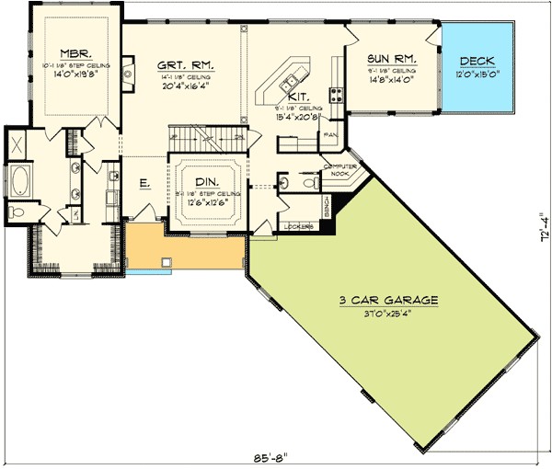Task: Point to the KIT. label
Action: pos(298,96)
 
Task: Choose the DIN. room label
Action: pos(206,182)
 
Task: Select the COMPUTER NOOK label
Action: pos(339,169)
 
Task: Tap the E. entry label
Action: pos(144,184)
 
